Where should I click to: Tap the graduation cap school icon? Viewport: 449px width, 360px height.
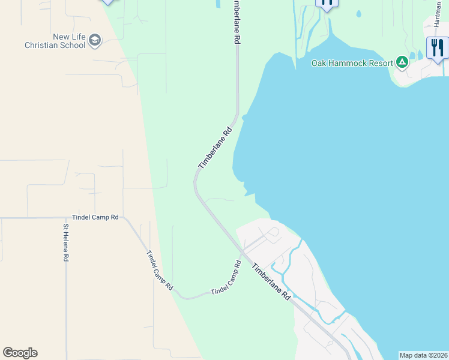94,40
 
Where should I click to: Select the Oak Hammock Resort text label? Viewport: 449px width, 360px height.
352,62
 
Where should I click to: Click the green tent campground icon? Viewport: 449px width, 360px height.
402,62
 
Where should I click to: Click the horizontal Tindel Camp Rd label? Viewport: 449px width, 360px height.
95,217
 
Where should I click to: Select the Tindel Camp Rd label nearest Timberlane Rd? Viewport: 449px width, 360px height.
226,278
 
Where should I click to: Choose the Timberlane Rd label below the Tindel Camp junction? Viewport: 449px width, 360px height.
271,282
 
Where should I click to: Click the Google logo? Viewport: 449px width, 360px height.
20,353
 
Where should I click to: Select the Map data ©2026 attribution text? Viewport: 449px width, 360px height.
423,355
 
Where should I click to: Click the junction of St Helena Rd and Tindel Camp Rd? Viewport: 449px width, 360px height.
66,217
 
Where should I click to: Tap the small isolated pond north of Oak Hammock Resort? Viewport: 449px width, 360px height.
358,14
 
